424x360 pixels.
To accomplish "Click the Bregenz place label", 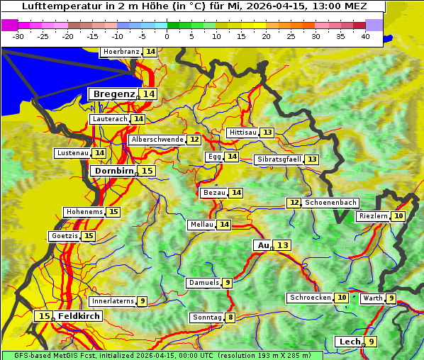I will (113, 94).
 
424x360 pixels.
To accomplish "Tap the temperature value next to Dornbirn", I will (147, 171).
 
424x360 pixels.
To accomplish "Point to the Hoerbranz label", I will (121, 52).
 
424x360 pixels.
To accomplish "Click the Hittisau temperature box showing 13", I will (267, 133).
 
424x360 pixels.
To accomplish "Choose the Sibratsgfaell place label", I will (279, 159).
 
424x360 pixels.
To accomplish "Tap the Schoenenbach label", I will (330, 203).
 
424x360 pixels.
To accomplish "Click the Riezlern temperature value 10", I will (399, 216).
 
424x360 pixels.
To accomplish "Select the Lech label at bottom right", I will (350, 342).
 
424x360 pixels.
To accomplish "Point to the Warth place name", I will (373, 298).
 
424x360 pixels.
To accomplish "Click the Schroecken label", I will (310, 298).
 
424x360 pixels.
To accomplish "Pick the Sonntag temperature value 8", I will (230, 317).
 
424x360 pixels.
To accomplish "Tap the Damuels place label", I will (203, 283).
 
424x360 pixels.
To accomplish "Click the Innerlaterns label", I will (113, 301).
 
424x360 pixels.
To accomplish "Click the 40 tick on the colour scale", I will (365, 36).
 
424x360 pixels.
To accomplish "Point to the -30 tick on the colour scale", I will (18, 36).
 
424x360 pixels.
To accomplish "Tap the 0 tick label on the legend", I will (167, 36).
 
